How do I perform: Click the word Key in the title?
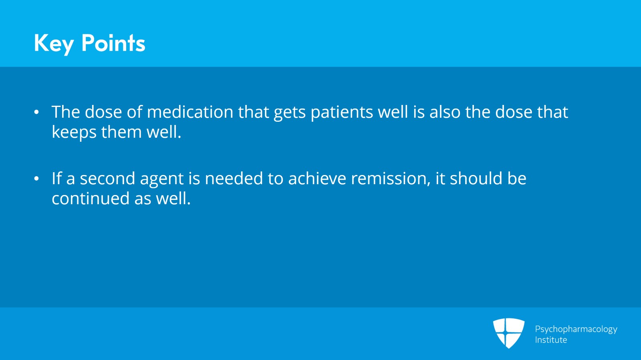tap(54, 43)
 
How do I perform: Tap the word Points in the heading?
tap(113, 43)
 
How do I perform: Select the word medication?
tap(190, 112)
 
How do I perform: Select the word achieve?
tap(317, 179)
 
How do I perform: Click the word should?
tap(476, 179)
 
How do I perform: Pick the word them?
tap(121, 132)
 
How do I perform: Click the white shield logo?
tap(508, 333)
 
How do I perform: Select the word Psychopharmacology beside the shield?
tap(576, 329)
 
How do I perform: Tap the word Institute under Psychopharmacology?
tap(551, 340)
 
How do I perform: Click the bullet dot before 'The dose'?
tap(36, 113)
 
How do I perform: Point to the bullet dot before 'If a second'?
tap(36, 179)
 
